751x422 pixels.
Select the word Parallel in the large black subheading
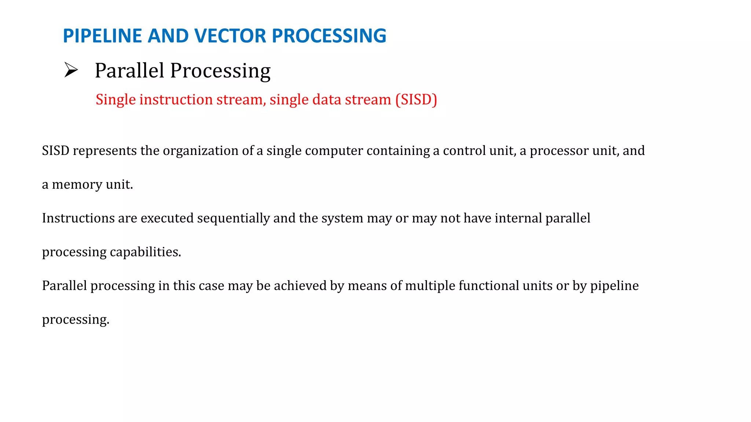coord(129,70)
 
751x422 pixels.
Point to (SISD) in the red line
coord(416,100)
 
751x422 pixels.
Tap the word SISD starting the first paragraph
coord(55,151)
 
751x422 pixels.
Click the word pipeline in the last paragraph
coord(614,286)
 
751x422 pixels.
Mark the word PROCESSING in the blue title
coord(329,36)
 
